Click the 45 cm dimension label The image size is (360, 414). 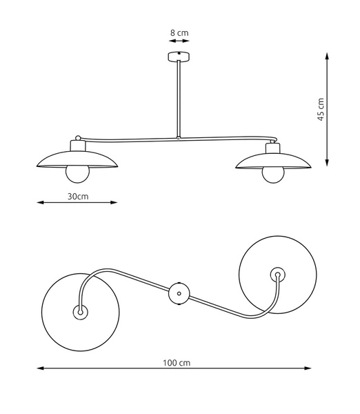tap(320, 109)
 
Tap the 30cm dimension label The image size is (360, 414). tap(77, 197)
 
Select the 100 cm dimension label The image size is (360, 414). tap(177, 362)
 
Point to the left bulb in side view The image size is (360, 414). tap(77, 173)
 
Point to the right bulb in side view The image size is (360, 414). tap(274, 173)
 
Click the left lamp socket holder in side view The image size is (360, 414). tap(77, 146)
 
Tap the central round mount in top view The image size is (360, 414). tap(179, 294)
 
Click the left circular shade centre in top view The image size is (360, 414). tap(80, 312)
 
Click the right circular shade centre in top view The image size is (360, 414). tap(277, 275)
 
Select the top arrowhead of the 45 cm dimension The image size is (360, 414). tap(326, 53)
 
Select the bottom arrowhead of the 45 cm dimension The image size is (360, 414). tap(326, 164)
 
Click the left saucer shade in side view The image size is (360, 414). tap(77, 161)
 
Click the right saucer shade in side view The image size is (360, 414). tap(274, 161)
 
